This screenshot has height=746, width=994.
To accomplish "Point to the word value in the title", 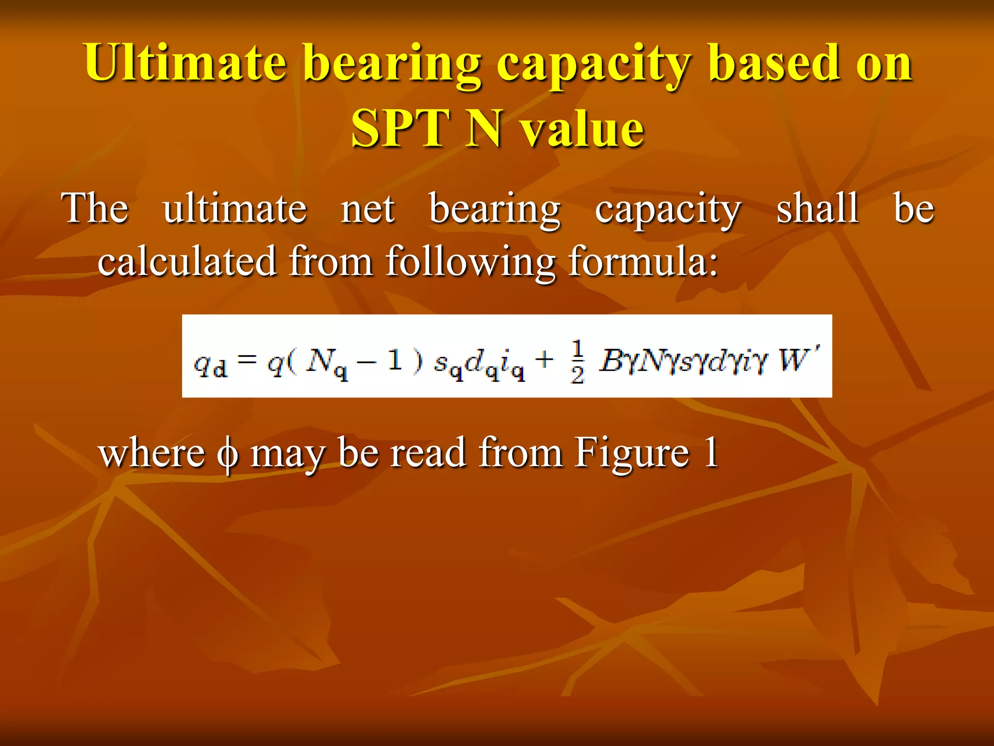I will tap(582, 129).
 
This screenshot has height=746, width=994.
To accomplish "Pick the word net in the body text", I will tap(367, 209).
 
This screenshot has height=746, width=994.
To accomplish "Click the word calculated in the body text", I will tap(187, 261).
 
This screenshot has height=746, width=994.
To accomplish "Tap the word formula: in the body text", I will tap(643, 261).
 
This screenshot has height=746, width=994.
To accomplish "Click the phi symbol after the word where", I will tap(228, 454).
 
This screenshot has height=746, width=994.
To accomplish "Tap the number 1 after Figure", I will tap(712, 453).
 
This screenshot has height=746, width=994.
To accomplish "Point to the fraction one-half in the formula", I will tap(577, 362).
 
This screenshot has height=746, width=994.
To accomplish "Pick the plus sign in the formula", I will tap(545, 360).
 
